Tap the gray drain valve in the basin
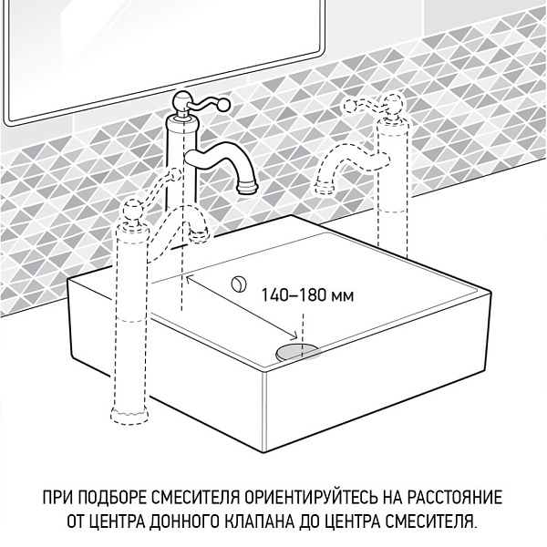click(x=298, y=349)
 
